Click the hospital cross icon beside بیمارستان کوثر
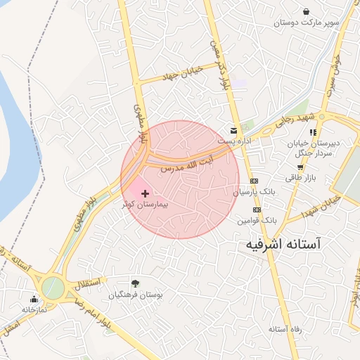146,193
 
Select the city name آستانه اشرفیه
283,244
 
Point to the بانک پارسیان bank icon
255,180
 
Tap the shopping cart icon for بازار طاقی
300,167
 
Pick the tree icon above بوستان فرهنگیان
135,284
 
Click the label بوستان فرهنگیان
136,295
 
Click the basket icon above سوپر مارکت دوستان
307,11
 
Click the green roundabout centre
52,288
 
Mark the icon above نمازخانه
33,299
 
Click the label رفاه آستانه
285,328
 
